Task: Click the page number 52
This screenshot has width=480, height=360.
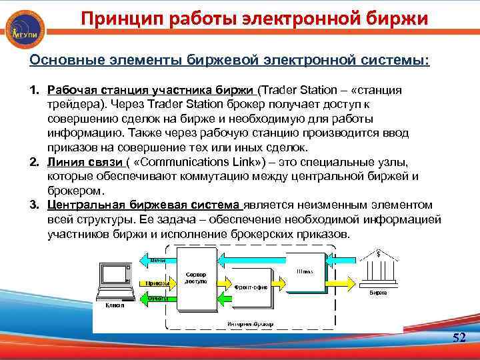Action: [459, 338]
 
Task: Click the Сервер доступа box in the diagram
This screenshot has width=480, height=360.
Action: [196, 277]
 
